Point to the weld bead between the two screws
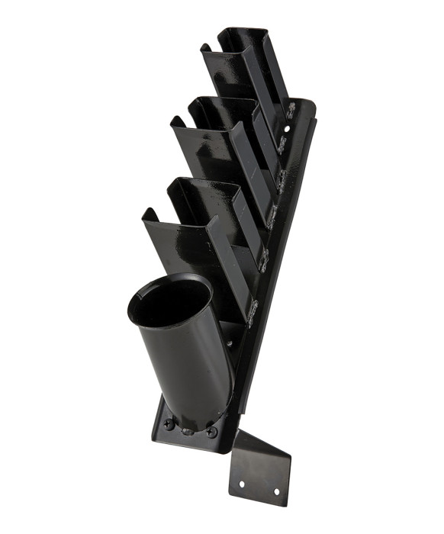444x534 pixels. tap(189, 429)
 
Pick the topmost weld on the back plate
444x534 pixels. tap(290, 112)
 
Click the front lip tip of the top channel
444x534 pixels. tap(204, 47)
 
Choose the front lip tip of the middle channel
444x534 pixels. tap(174, 120)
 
